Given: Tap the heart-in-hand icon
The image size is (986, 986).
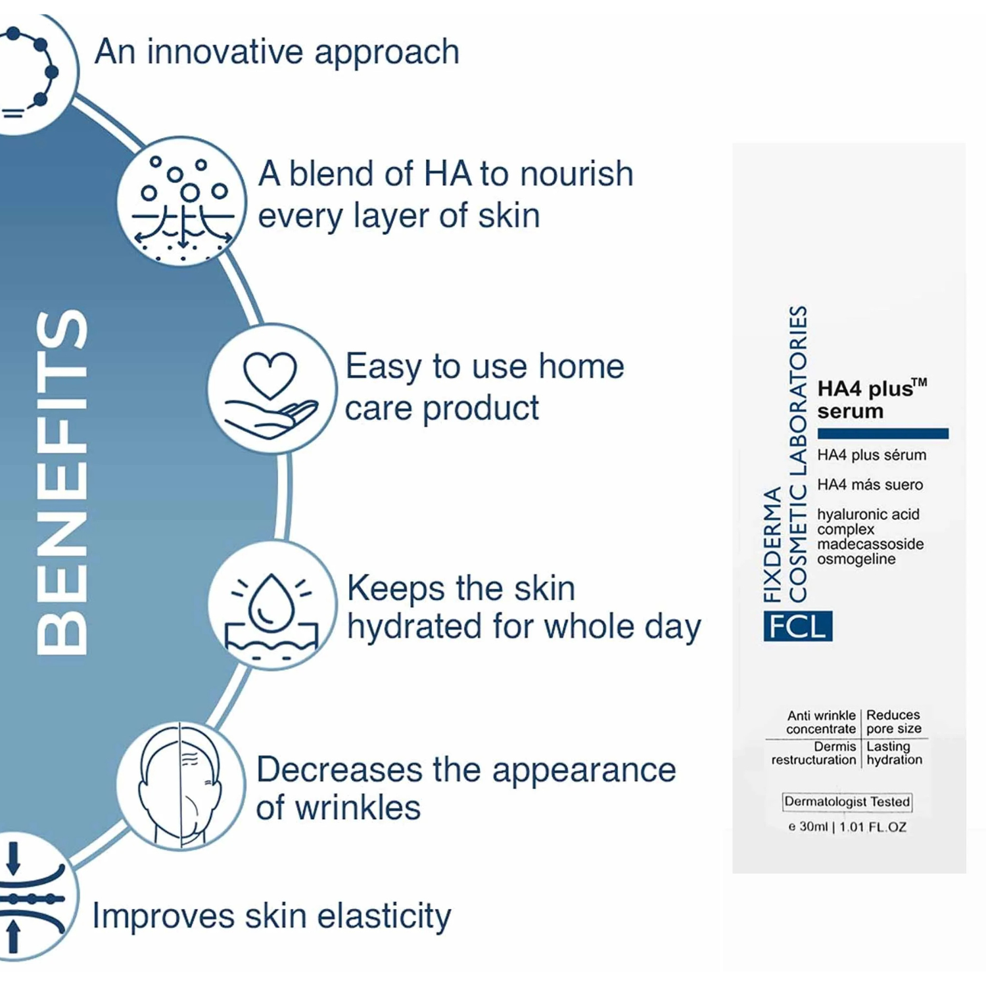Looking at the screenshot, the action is tap(271, 389).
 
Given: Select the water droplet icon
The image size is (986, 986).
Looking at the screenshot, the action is tap(271, 605).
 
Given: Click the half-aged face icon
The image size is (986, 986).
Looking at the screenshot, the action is tap(181, 785).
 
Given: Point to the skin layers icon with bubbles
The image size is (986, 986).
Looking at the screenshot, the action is tap(182, 201).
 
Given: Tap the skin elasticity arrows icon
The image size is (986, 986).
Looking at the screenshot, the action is tap(30, 897).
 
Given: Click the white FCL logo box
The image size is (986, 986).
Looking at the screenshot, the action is tap(797, 626).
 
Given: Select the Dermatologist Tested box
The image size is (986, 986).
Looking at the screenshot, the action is tap(847, 802).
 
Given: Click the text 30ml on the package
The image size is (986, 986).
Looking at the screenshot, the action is tap(813, 827).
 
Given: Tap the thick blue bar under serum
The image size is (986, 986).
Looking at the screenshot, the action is tap(883, 433).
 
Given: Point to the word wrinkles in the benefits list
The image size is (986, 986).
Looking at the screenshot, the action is tap(358, 808).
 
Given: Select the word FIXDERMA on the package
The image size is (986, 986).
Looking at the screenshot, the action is tap(772, 544).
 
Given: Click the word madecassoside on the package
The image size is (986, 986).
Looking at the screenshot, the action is tap(870, 544).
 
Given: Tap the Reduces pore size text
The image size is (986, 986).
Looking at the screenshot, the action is tap(894, 722).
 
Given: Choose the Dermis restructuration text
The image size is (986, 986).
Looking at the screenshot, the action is tap(814, 753).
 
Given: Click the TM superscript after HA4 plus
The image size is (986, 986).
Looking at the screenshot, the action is tap(920, 382).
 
